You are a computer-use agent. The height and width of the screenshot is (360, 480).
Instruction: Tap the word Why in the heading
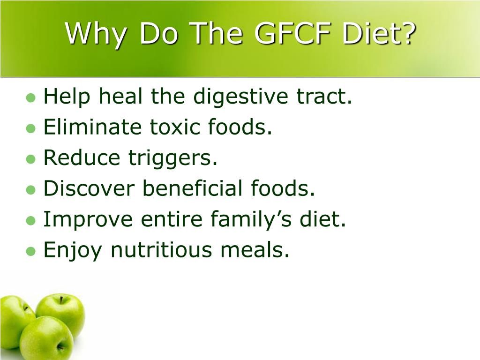94,34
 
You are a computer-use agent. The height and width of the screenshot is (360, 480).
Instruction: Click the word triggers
173,159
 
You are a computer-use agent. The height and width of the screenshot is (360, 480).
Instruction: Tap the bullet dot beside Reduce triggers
31,159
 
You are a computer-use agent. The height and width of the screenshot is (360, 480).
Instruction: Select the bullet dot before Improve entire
31,220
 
